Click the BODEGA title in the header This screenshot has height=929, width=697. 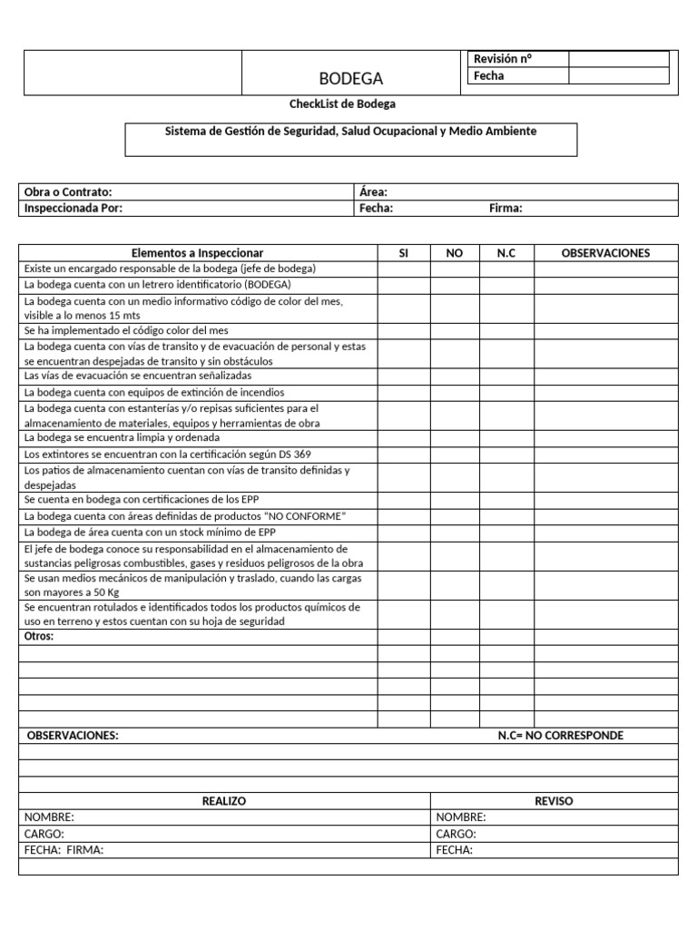coord(351,79)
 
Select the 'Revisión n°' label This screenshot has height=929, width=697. coord(502,59)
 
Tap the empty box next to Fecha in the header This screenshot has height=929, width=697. coord(618,76)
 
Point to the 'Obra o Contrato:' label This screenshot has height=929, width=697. coord(68,192)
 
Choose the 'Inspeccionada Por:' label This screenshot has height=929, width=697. coord(74,209)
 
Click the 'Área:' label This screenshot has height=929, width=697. coord(374,192)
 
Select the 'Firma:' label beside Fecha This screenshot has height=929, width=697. coord(506,209)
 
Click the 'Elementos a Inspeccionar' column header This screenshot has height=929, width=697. coord(198,253)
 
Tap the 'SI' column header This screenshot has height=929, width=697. coord(404,253)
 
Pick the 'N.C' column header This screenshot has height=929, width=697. coord(506,253)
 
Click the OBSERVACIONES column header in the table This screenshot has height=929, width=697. coord(605,253)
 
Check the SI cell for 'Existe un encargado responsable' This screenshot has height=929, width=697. coord(404,269)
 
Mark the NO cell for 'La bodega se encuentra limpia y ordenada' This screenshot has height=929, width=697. coord(455,438)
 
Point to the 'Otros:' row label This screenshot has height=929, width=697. coord(39,637)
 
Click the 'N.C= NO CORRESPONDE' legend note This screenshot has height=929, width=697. coord(560,736)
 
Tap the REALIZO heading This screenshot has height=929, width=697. coord(223,801)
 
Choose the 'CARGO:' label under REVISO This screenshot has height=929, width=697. coord(456,834)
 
